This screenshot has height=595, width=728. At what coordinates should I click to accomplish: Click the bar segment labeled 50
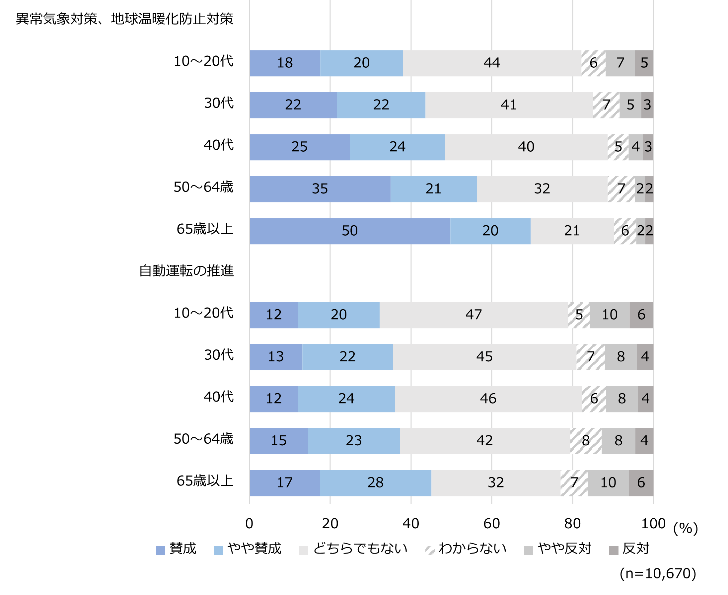pyautogui.click(x=350, y=231)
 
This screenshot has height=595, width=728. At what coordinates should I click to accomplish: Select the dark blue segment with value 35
pyautogui.click(x=320, y=189)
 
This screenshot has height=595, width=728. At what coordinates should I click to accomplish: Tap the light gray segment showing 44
pyautogui.click(x=492, y=63)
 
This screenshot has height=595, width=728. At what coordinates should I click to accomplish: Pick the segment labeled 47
pyautogui.click(x=473, y=315)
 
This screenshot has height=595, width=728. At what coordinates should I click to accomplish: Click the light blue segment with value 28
pyautogui.click(x=375, y=483)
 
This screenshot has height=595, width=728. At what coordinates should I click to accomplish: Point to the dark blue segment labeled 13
pyautogui.click(x=276, y=357)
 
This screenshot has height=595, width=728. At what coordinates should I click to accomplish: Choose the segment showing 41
pyautogui.click(x=509, y=105)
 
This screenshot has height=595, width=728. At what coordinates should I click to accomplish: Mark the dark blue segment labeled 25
pyautogui.click(x=299, y=147)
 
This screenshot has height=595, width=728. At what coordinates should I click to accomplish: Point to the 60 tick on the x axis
pyautogui.click(x=491, y=523)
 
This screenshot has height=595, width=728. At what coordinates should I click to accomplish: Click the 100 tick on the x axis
pyautogui.click(x=653, y=523)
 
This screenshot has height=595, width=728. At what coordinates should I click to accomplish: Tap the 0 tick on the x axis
pyautogui.click(x=249, y=523)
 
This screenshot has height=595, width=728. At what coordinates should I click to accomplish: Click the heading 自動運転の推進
pyautogui.click(x=186, y=271)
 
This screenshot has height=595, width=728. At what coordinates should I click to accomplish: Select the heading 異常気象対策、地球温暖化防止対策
pyautogui.click(x=124, y=19)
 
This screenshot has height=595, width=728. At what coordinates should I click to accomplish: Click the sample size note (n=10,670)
pyautogui.click(x=658, y=573)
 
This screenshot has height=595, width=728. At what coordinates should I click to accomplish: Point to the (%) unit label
pyautogui.click(x=686, y=528)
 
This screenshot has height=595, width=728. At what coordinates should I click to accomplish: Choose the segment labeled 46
pyautogui.click(x=488, y=399)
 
